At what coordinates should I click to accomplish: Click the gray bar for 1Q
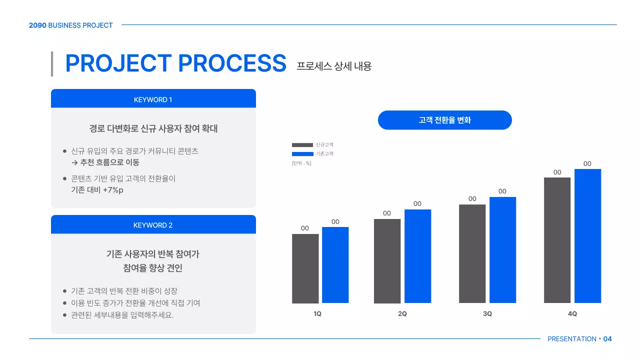305,268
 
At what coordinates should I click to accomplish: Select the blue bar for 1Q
335,265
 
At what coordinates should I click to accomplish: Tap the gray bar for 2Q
387,261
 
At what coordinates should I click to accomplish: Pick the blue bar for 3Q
502,250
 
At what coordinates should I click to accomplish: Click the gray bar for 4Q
557,240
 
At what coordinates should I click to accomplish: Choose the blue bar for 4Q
587,236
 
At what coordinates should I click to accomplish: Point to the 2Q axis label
402,314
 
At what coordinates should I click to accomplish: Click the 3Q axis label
487,314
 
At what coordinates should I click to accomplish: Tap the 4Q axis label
572,314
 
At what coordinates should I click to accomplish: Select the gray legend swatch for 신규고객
302,145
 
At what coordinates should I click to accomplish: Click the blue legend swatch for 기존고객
302,154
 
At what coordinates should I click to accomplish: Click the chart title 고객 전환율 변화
445,120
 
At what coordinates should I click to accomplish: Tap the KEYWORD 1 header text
153,99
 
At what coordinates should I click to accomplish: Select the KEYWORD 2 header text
153,225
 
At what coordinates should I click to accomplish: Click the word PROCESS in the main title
232,63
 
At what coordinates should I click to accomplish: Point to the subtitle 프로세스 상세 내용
334,66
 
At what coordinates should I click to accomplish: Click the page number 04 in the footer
607,339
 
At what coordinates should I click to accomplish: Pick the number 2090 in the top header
37,25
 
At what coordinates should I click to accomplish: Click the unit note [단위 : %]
301,163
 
